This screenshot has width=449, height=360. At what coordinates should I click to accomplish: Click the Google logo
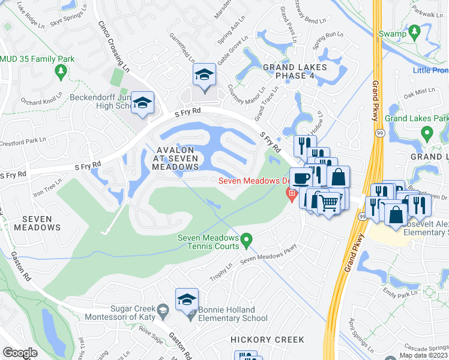click(20, 353)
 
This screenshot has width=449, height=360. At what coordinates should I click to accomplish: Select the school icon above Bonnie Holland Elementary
click(187, 299)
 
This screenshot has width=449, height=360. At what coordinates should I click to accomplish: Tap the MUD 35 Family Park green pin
click(60, 71)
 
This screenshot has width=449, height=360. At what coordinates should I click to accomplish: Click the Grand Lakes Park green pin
click(427, 133)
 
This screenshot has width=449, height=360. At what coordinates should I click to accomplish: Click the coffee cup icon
click(301, 178)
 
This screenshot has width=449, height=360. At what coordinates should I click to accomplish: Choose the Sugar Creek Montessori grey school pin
click(163, 311)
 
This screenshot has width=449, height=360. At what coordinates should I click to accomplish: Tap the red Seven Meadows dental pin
click(292, 193)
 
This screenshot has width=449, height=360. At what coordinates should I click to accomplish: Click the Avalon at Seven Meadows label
click(175, 158)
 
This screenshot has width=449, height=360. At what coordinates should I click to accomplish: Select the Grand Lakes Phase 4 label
click(295, 71)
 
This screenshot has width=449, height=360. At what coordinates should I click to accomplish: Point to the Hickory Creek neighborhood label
click(268, 340)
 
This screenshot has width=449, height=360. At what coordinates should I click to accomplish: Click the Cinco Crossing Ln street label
click(114, 46)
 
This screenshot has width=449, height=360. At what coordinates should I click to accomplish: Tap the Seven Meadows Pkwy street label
click(268, 255)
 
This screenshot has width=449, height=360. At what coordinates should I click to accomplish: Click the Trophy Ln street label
click(220, 273)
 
